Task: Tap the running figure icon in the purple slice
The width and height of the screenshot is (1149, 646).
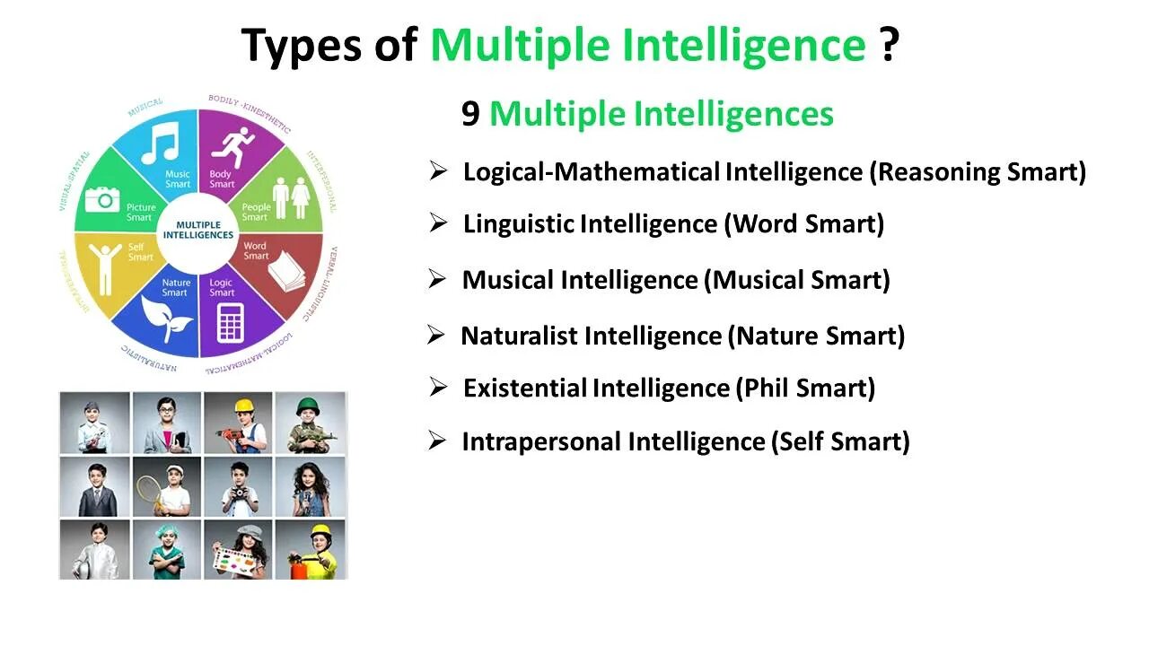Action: point(237,142)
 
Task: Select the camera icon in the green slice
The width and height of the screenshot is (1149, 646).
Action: point(102,198)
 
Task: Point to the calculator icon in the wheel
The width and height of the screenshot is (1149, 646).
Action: point(231,320)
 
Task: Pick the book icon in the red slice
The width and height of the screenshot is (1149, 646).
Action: point(288,268)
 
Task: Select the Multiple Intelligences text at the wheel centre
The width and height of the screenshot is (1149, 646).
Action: point(198,230)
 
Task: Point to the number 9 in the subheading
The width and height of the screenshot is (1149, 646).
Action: point(470,114)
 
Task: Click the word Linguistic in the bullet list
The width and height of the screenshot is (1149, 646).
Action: point(518,223)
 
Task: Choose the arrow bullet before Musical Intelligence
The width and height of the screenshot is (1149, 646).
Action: point(437,279)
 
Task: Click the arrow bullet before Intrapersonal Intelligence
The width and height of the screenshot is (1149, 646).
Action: point(437,441)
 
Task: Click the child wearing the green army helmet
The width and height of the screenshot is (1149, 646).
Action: point(310,423)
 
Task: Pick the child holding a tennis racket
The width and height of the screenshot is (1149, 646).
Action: point(167,486)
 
